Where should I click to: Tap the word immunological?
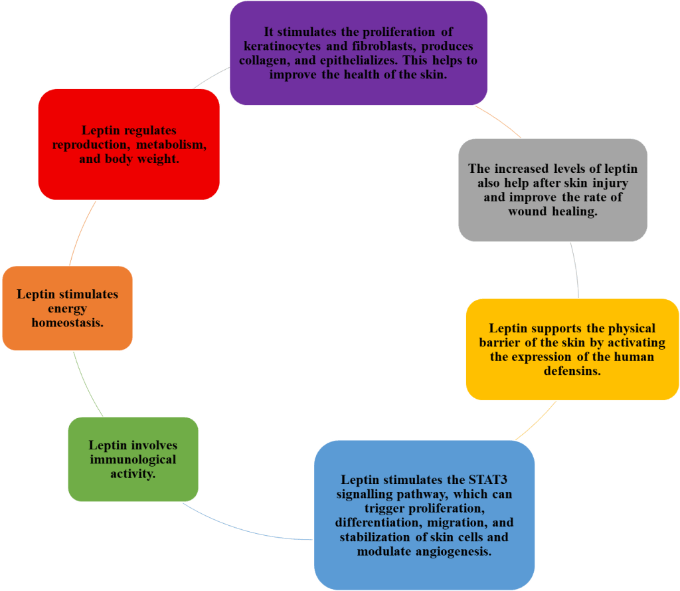coord(133,459)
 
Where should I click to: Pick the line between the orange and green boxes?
coord(86,384)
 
